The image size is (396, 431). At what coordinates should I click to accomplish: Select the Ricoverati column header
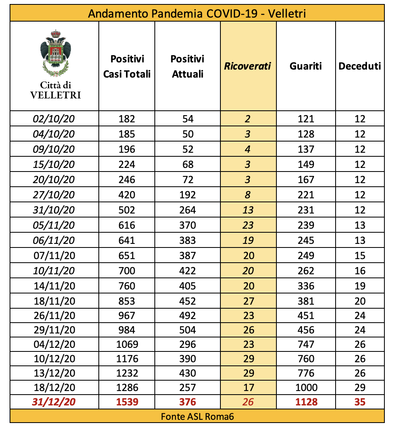pos(248,66)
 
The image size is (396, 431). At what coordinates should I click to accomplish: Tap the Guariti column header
pos(306,66)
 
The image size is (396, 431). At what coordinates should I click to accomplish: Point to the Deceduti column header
pos(360,66)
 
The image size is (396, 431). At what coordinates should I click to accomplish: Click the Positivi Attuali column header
pos(188,66)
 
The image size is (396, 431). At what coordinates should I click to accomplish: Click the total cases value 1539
pos(127,402)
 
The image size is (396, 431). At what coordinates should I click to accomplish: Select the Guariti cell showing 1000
pos(306,387)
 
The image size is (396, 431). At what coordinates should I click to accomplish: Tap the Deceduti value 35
pos(360,402)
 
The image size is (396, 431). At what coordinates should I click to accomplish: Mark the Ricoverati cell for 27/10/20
pos(248,195)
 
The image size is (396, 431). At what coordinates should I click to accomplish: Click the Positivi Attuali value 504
pos(188,330)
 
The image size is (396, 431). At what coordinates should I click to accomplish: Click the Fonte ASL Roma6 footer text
pos(197,416)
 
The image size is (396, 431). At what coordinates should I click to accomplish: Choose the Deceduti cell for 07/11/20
pos(360,255)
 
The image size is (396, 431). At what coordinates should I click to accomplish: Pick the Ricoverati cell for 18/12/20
pos(248,387)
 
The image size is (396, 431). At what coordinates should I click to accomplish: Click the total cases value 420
pos(127,195)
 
